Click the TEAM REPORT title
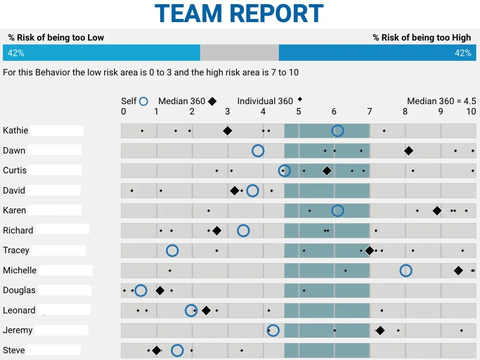[239, 13]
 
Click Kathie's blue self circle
[338, 131]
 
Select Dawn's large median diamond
[409, 151]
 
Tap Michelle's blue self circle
[406, 271]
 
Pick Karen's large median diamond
[437, 211]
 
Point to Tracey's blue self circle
[172, 250]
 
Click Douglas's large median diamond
[160, 290]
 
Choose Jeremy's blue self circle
[273, 330]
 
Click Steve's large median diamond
[156, 350]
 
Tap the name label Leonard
[19, 310]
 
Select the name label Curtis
[15, 170]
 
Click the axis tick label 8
[405, 111]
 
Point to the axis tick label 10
[471, 111]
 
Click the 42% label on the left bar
[16, 53]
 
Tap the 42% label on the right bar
[463, 53]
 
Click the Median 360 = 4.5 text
[441, 101]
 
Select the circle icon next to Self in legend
[143, 101]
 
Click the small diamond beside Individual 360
[300, 99]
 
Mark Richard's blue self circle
[243, 230]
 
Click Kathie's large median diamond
[227, 131]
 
